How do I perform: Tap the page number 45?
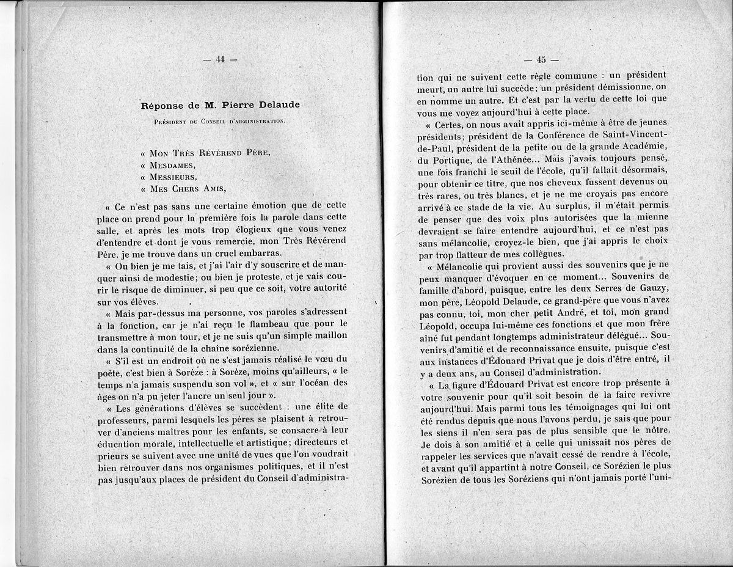coord(541,60)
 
